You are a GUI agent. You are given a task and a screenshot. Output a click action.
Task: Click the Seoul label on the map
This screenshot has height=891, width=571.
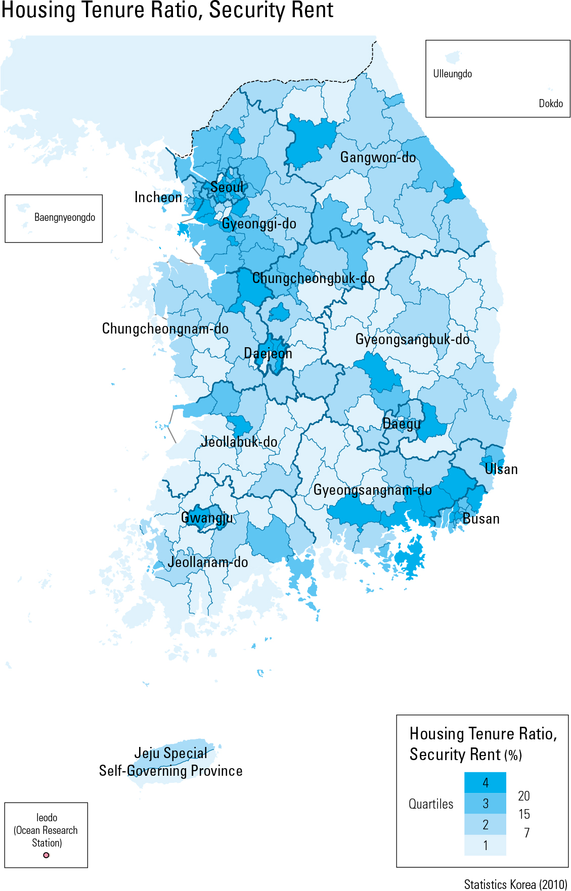pyautogui.click(x=227, y=187)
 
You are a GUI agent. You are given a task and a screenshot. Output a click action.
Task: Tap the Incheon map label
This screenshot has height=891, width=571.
pyautogui.click(x=158, y=198)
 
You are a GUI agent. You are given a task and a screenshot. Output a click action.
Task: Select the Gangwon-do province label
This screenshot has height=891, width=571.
pyautogui.click(x=378, y=158)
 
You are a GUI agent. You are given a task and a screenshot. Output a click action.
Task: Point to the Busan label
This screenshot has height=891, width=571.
pyautogui.click(x=480, y=519)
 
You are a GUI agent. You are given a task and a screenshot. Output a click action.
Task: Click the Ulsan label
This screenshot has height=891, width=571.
pyautogui.click(x=501, y=470)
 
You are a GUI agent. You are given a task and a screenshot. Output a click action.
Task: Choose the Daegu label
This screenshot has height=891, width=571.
pyautogui.click(x=401, y=424)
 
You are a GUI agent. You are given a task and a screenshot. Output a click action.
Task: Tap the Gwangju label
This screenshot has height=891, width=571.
pyautogui.click(x=207, y=518)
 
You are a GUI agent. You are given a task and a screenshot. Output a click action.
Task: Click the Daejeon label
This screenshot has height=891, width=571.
pyautogui.click(x=268, y=353)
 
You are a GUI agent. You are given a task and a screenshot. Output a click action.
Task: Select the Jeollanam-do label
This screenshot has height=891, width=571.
pyautogui.click(x=207, y=562)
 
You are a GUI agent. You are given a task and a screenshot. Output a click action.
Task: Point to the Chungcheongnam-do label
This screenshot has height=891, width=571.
pyautogui.click(x=165, y=329)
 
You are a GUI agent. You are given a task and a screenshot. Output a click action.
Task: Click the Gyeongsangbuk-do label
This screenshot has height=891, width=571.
pyautogui.click(x=412, y=340)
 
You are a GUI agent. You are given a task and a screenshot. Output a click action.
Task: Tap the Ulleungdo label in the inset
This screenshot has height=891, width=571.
pyautogui.click(x=452, y=74)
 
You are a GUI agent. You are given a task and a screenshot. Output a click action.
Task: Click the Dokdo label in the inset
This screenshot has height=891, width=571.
pyautogui.click(x=550, y=104)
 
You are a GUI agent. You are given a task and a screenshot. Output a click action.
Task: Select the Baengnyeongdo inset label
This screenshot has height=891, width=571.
pyautogui.click(x=64, y=217)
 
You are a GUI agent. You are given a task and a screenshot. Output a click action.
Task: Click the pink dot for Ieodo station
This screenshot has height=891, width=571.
pyautogui.click(x=46, y=855)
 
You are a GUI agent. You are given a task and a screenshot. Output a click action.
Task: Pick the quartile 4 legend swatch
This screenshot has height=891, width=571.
pyautogui.click(x=485, y=782)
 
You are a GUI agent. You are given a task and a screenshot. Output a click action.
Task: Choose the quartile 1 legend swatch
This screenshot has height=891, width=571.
pyautogui.click(x=485, y=845)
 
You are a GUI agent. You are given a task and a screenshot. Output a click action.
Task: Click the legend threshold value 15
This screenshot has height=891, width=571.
pyautogui.click(x=524, y=814)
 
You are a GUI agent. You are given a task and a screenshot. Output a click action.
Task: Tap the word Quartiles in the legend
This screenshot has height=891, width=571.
pyautogui.click(x=431, y=804)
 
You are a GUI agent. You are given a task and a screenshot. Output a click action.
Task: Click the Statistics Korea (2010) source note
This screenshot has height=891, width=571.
pyautogui.click(x=515, y=884)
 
